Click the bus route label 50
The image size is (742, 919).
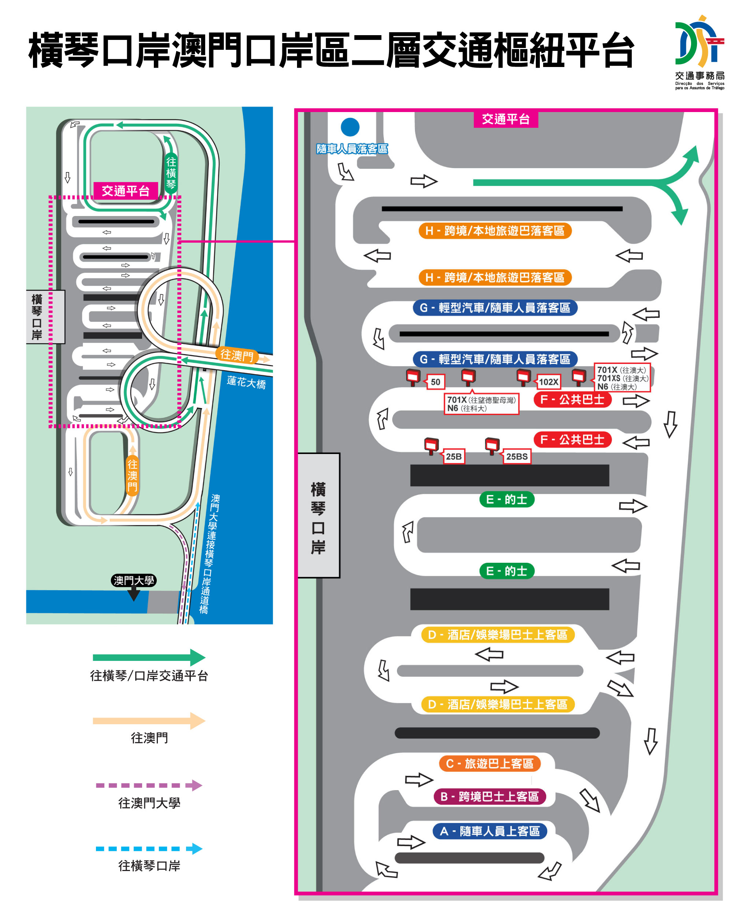point(435,382)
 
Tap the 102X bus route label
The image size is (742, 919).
point(548,382)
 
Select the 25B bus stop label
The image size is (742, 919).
point(453,456)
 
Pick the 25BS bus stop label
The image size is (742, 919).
point(517,456)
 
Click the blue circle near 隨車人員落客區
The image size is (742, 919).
point(350,127)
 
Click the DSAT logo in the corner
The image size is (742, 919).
point(699,51)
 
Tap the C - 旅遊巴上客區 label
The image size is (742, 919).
point(490,763)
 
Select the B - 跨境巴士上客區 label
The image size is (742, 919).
point(490,797)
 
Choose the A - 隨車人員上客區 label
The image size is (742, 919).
point(490,831)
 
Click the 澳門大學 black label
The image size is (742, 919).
point(133,580)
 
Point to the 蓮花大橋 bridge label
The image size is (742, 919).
point(246,382)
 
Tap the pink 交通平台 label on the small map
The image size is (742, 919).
point(126,190)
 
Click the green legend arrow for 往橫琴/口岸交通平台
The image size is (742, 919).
point(149,658)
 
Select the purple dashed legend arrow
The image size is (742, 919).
point(149,785)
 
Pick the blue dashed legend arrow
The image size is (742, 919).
point(149,848)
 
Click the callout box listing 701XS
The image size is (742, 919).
point(622,378)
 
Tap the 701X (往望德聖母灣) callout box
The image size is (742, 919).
point(481,404)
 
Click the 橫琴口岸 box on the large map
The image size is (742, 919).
point(318,515)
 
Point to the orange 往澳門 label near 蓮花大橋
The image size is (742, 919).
point(237,355)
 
